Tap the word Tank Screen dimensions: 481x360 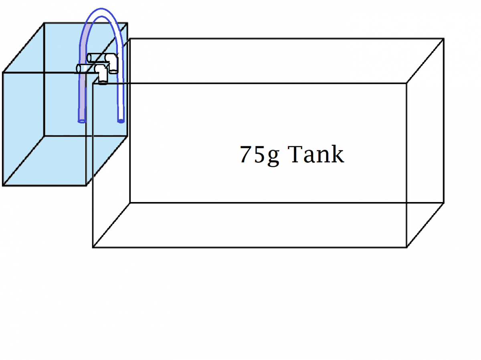tap(315, 154)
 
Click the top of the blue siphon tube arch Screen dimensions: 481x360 tap(101, 9)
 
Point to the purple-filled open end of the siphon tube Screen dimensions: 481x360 tap(82, 121)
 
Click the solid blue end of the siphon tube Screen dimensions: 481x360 tap(121, 121)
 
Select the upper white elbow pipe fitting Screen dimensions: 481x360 tap(112, 63)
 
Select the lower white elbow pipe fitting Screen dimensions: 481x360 tap(101, 74)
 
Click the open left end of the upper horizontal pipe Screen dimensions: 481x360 tap(89, 58)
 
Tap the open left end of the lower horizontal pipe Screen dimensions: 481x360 tap(78, 69)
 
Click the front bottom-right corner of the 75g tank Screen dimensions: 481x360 tap(406, 247)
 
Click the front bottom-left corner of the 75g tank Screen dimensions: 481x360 tap(93, 247)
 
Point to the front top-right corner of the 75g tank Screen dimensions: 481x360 tap(406, 83)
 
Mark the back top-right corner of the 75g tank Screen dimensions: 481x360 tap(444, 39)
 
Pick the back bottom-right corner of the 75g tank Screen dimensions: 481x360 tap(444, 203)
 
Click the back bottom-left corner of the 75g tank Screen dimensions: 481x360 tap(130, 203)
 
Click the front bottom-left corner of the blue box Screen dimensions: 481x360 tap(3, 186)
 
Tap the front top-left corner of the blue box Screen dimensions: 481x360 tap(3, 73)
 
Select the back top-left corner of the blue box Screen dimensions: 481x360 tap(44, 23)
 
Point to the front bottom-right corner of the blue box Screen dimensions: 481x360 tap(86, 186)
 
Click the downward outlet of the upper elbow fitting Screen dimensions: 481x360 tap(113, 71)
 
